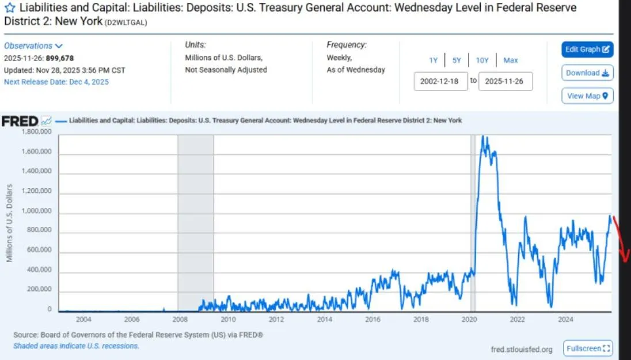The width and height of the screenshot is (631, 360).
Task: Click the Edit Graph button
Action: pos(587,50)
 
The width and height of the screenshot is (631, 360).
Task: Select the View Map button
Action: pos(587,96)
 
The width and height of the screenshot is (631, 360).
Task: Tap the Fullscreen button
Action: pos(588,348)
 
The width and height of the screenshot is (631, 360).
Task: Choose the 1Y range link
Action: pos(433,60)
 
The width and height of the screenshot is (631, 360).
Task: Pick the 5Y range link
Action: pos(457,60)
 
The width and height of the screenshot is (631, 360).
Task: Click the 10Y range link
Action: pos(482,60)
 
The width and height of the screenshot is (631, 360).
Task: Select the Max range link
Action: pos(510,60)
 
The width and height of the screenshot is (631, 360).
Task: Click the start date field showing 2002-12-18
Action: pos(440,81)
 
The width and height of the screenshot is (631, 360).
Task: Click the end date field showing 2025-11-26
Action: pos(505,81)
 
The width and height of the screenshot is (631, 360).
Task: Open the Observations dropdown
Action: pos(33,46)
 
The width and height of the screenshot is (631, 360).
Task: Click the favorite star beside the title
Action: pos(10,9)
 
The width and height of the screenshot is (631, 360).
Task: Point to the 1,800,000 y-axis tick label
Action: pos(36,132)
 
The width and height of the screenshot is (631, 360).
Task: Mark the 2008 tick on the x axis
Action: pos(179,319)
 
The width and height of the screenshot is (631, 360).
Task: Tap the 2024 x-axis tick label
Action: pos(566,319)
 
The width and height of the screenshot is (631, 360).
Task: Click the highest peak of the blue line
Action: pos(483,137)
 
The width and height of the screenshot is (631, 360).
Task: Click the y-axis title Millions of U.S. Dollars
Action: pos(10,223)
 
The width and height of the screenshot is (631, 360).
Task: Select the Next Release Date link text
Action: pos(56,82)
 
